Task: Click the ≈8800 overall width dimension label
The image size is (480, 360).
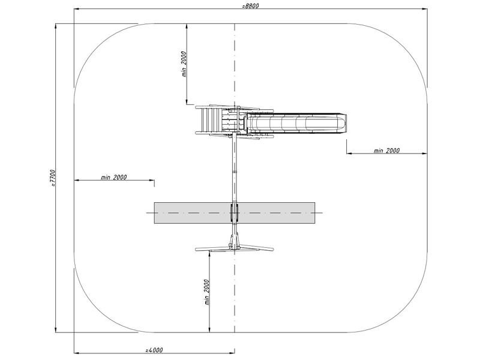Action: click(x=250, y=5)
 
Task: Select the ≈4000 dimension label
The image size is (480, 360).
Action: click(x=154, y=350)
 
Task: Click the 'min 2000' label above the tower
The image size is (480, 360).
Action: click(x=184, y=64)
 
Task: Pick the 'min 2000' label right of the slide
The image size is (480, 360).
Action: click(x=386, y=151)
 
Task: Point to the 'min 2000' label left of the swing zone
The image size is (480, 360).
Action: click(x=113, y=177)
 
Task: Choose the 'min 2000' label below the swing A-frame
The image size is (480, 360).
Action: click(x=207, y=292)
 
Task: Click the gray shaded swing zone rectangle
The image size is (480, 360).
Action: click(x=235, y=213)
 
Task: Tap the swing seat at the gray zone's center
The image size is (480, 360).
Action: click(x=235, y=212)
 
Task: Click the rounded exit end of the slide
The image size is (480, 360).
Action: click(x=343, y=123)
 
